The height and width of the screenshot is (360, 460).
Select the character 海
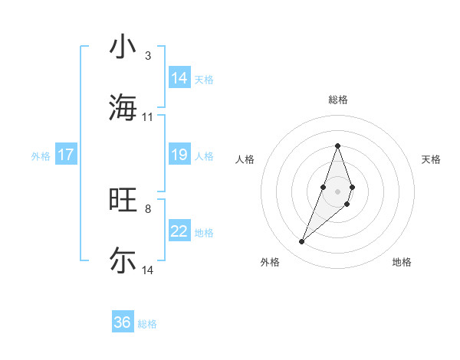click(123, 106)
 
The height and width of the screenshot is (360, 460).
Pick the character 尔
click(123, 260)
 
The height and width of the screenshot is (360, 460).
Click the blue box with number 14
click(179, 78)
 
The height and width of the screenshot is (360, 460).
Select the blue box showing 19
click(179, 155)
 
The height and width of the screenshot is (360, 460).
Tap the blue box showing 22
click(179, 231)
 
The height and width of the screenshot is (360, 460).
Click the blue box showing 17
click(66, 155)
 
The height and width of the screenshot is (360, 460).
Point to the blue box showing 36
click(123, 322)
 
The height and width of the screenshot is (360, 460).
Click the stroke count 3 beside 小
click(148, 56)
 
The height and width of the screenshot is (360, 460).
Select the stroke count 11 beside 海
click(148, 117)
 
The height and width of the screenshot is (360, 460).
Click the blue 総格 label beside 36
click(147, 324)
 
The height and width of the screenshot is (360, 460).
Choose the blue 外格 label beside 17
click(41, 156)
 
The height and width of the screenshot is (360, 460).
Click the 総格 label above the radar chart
click(337, 100)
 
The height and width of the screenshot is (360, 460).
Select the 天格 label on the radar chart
click(431, 159)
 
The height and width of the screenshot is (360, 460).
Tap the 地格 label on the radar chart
click(402, 262)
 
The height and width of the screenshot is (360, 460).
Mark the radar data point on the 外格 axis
click(301, 242)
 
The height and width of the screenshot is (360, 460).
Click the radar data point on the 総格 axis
click(337, 145)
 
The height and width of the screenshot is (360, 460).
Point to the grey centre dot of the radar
click(337, 191)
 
